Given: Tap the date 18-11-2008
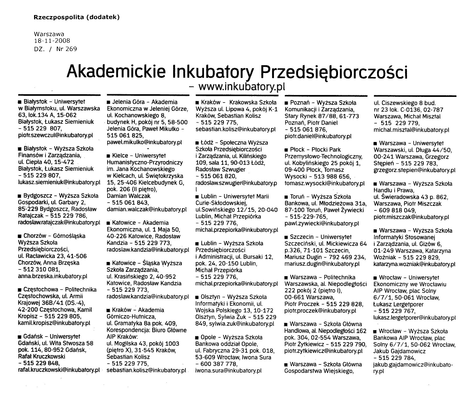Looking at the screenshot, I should coord(52,41).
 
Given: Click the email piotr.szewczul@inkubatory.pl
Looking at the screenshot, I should coord(56,135).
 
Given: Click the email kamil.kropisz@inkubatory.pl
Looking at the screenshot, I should coord(54,323).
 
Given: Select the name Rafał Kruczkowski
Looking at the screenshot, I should coord(42,357).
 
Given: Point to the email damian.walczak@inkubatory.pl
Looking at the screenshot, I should coord(147,209).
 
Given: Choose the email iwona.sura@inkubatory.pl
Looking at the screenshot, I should coord(228,371).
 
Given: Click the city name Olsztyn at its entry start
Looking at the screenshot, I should coord(210,297).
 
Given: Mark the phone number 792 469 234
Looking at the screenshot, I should coord(348,257).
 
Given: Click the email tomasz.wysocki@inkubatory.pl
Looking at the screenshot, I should coord(325,183).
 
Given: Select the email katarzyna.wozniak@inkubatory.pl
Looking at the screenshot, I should coord(414,264).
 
